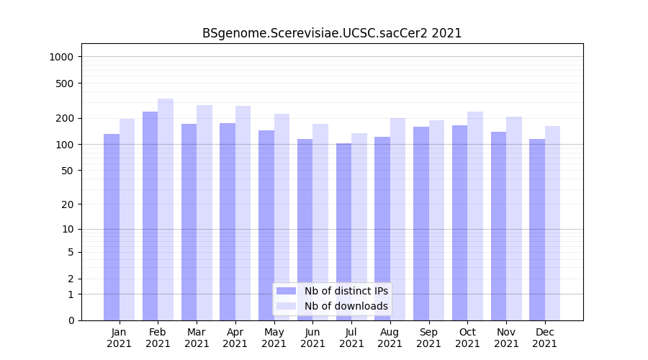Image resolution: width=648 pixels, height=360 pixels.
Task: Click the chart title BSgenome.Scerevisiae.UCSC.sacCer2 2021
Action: (x=332, y=33)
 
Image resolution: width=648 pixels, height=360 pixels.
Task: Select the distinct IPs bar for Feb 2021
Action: (x=150, y=216)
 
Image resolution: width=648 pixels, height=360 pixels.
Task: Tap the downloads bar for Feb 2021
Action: (x=166, y=210)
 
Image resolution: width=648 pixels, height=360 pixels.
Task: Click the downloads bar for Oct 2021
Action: (x=475, y=216)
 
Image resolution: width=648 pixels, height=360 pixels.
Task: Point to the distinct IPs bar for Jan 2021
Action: (x=112, y=227)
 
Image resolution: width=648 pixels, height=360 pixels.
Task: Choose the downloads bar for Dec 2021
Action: (x=552, y=223)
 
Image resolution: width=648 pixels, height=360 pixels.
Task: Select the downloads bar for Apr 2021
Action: (x=243, y=213)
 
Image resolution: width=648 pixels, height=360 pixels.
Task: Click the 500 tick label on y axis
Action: (x=66, y=84)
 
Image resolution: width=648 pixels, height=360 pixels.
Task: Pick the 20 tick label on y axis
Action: (x=68, y=204)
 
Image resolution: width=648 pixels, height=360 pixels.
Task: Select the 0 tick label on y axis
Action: (x=71, y=320)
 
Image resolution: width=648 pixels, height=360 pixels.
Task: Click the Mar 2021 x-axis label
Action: (x=197, y=338)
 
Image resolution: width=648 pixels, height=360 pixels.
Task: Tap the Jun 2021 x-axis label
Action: (x=312, y=338)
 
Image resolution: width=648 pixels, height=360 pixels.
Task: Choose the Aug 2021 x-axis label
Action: (x=390, y=338)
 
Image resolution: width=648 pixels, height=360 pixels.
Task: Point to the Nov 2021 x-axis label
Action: (x=506, y=338)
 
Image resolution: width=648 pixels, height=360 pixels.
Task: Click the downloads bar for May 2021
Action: (x=282, y=217)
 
